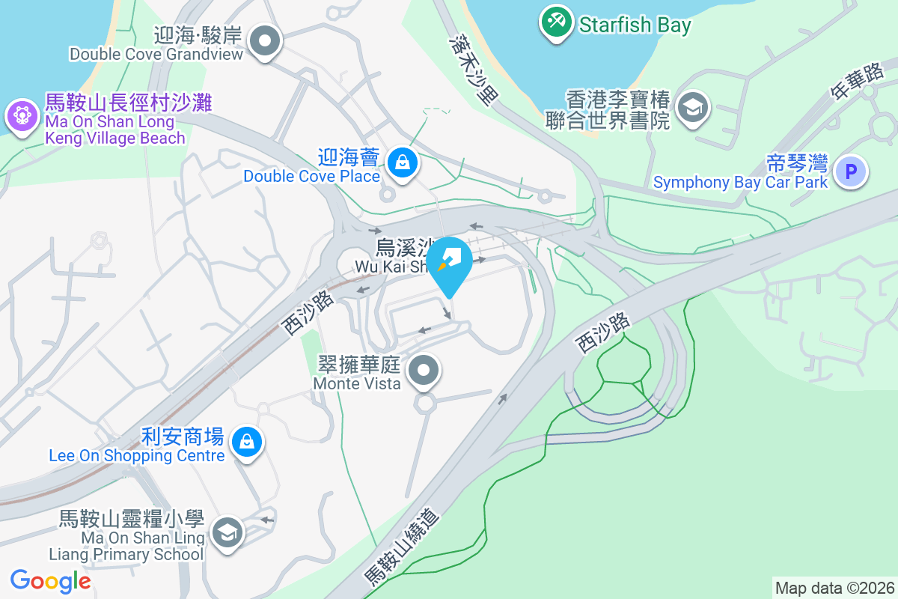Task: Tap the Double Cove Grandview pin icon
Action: (265, 42)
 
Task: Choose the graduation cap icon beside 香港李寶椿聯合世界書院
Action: (693, 108)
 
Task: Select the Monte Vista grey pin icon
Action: (425, 370)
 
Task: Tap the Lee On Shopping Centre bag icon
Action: (245, 441)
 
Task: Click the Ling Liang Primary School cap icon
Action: (225, 533)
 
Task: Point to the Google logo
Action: (51, 580)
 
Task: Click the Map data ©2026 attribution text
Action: (834, 588)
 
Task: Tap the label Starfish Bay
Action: (635, 25)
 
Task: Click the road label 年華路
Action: (858, 81)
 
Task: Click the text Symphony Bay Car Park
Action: (740, 182)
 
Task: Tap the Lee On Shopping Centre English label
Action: (136, 455)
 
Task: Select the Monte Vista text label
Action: (357, 383)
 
